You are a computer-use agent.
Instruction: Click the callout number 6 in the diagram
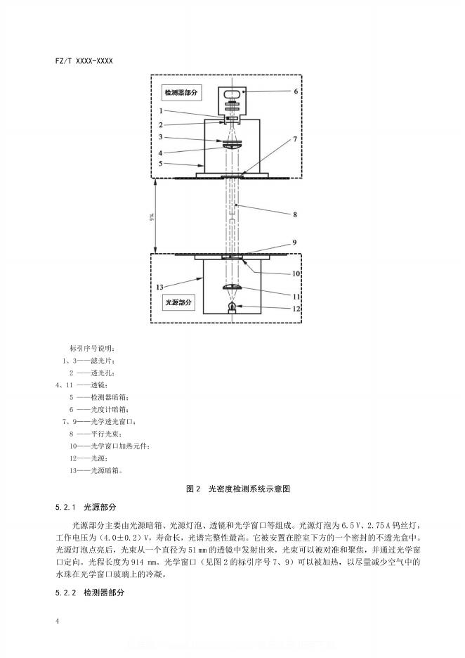coord(296,91)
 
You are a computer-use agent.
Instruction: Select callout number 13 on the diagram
coord(160,286)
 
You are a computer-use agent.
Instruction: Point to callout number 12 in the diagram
coord(296,308)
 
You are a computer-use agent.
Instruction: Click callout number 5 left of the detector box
coord(160,163)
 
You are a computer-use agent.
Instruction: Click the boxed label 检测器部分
coord(182,92)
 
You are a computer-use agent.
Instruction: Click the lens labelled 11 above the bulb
coord(233,288)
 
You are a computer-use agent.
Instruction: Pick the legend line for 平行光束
coord(95,434)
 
